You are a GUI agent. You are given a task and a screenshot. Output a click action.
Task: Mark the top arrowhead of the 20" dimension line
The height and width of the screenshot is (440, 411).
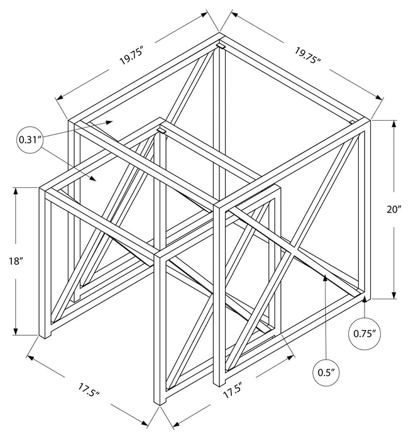[x=394, y=122]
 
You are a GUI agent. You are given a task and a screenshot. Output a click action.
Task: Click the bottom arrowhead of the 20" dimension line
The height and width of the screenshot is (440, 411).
[x=394, y=297]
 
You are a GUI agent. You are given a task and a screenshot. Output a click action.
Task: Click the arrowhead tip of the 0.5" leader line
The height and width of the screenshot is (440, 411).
[x=323, y=275]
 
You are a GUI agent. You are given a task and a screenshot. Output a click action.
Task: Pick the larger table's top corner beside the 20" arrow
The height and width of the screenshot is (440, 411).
[x=370, y=119]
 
